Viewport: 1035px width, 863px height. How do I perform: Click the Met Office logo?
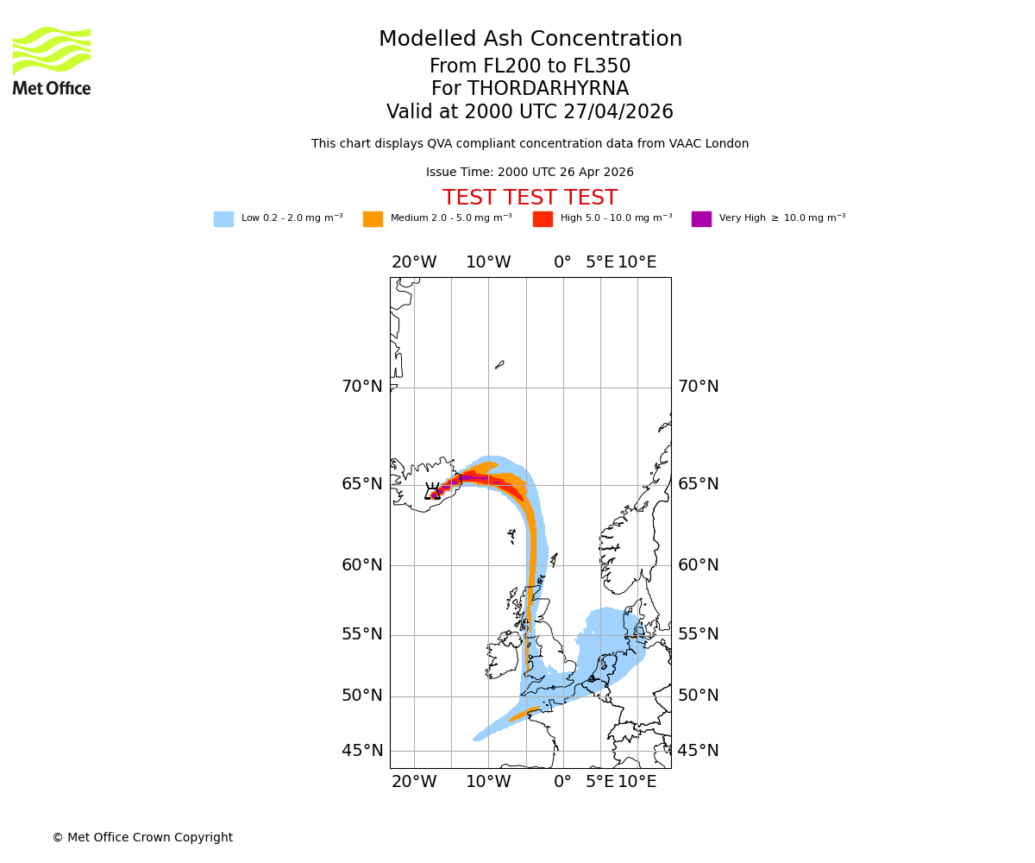(52, 60)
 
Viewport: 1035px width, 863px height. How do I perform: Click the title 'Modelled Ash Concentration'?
(530, 40)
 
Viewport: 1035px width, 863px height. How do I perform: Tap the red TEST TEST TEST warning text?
(530, 198)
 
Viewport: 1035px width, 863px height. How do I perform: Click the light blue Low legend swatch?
(223, 219)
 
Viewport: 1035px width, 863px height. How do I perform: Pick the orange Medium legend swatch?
(373, 219)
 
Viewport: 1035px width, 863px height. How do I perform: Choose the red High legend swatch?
(543, 219)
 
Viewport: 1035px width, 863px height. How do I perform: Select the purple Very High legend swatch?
(701, 219)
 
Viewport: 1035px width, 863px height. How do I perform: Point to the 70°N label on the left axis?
(362, 387)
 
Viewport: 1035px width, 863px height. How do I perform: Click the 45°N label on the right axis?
(698, 751)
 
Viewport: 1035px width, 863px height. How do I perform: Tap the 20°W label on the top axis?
(414, 262)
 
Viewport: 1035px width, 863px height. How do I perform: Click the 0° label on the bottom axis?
(562, 782)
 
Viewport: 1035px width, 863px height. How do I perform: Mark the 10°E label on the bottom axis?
(637, 782)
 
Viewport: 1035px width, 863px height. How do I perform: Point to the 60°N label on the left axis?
(362, 565)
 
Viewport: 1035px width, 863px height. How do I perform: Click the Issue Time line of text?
(530, 173)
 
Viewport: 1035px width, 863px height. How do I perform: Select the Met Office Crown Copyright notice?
(142, 838)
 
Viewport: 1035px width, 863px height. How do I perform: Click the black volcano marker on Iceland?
(433, 492)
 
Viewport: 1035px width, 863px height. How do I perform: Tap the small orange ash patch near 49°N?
(524, 715)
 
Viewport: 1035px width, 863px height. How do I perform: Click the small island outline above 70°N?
(499, 365)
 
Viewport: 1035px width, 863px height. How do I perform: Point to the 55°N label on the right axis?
(698, 634)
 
